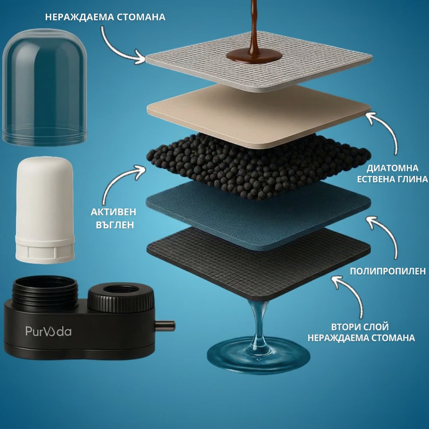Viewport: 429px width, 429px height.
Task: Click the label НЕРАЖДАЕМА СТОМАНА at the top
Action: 105,17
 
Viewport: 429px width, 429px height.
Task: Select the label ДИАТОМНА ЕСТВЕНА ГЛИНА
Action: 392,173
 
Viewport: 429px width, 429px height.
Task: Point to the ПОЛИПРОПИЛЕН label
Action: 388,271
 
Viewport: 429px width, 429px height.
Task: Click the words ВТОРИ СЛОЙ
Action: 360,327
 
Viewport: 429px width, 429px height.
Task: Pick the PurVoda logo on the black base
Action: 48,331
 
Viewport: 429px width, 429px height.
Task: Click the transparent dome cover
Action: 44,87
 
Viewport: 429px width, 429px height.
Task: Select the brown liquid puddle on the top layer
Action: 254,56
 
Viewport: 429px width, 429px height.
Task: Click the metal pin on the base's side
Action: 165,325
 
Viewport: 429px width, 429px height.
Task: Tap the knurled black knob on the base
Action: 121,297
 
